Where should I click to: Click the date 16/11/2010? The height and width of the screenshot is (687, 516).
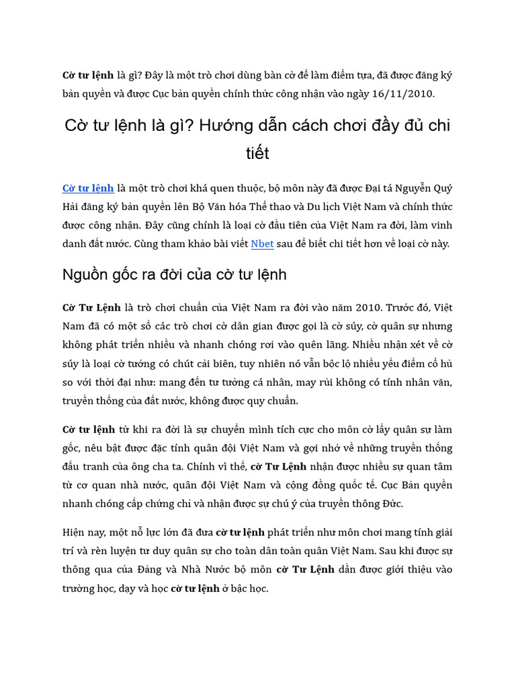(408, 94)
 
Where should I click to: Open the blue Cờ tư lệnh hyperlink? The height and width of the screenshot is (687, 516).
(88, 188)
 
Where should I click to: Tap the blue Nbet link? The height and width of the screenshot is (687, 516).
(262, 244)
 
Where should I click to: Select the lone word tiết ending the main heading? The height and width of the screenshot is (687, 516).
(257, 154)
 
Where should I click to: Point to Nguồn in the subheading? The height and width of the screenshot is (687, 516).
(85, 274)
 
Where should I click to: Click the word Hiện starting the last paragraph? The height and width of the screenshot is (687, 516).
(75, 533)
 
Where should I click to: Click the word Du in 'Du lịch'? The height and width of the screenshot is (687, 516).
(315, 207)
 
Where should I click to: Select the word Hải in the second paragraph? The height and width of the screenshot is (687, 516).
(72, 207)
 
